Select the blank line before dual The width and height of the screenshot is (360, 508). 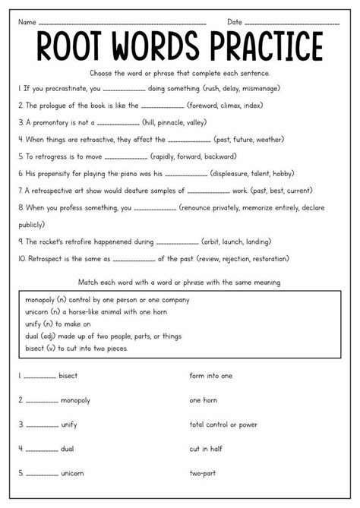coord(39,449)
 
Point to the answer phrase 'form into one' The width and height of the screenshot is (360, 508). coord(210,375)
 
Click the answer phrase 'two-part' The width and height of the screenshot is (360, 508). coord(205,473)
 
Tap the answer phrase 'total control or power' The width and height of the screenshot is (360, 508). coord(226,424)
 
